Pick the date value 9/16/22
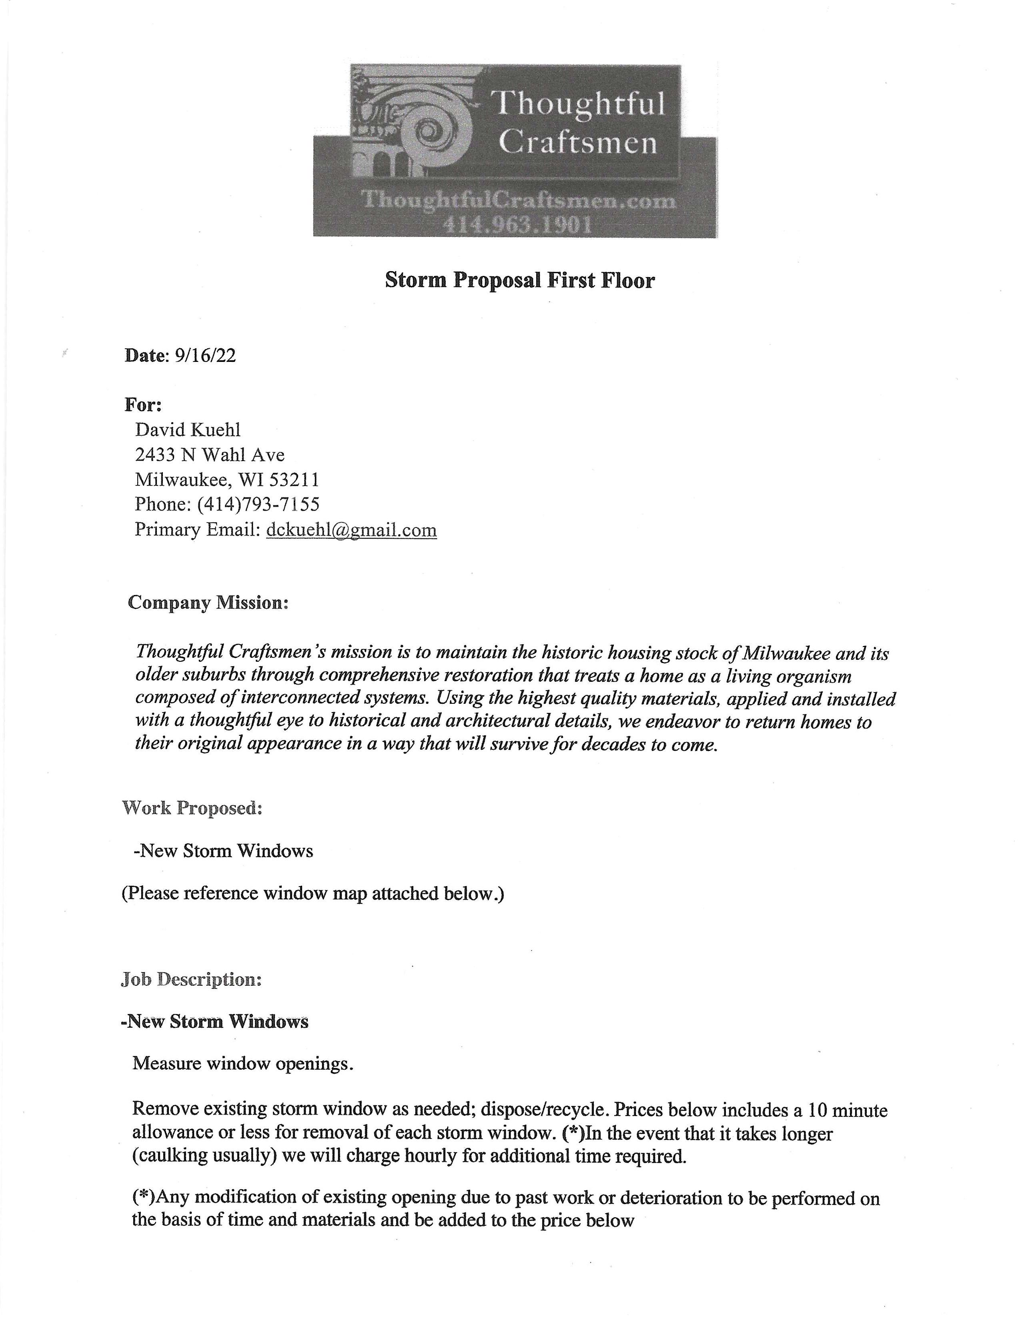click(205, 355)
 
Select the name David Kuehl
click(188, 430)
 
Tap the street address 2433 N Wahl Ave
click(210, 454)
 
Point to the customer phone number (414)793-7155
click(259, 504)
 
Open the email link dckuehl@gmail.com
click(351, 530)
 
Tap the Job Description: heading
click(191, 979)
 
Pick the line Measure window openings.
click(243, 1063)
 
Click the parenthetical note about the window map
click(313, 893)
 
